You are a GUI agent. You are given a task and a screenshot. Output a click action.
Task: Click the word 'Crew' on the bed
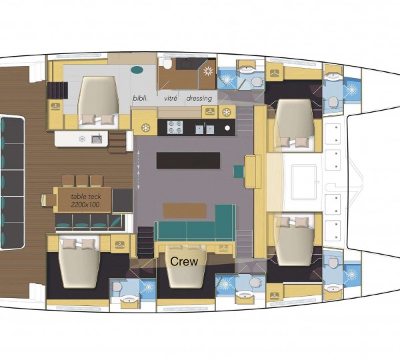click(184, 261)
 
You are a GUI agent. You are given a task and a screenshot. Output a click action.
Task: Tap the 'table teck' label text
click(85, 195)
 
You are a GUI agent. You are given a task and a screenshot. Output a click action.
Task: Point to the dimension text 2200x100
click(85, 205)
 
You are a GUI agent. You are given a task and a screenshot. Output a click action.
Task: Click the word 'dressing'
click(199, 98)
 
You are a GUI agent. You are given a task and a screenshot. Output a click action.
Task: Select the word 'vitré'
click(171, 98)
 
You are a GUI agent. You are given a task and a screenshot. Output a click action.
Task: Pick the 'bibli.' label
click(141, 98)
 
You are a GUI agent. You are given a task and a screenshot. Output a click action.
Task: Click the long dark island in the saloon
click(188, 161)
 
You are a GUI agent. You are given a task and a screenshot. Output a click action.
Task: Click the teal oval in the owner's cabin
click(138, 69)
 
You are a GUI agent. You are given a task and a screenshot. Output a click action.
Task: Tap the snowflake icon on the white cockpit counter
click(82, 139)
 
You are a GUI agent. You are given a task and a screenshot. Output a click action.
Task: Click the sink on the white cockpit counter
click(97, 139)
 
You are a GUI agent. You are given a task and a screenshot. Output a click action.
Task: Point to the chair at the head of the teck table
click(47, 199)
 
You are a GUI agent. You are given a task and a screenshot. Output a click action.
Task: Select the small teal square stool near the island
click(238, 171)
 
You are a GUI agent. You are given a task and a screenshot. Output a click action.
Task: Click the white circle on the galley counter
click(227, 127)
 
